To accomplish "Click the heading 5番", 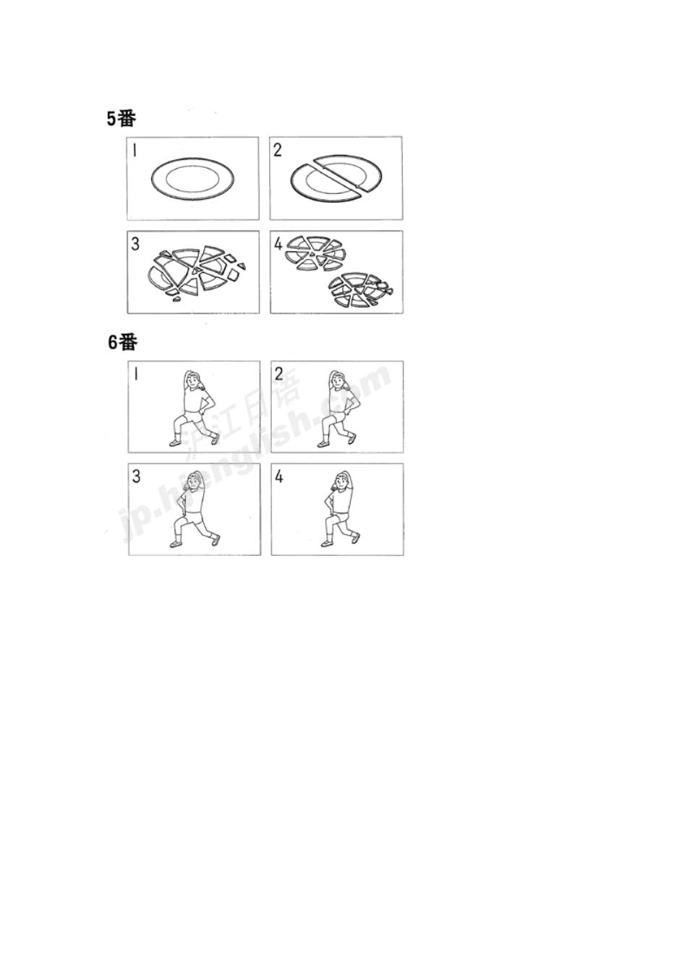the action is pos(121,119).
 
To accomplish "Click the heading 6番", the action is pos(122,342).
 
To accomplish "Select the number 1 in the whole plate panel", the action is pos(135,151).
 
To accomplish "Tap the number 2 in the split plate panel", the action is pos(278,151).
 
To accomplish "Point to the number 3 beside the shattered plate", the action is pos(135,244).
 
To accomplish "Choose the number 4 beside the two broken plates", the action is pos(278,244).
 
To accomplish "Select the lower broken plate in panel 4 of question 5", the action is pos(359,290).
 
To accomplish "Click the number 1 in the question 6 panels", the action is pos(136,374).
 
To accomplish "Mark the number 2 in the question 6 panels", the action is pos(278,374).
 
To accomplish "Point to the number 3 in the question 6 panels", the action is pos(136,476).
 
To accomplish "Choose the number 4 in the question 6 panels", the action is pos(279,477).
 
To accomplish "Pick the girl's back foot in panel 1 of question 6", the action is pos(215,439).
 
